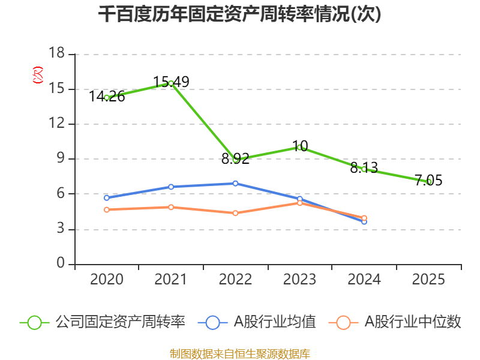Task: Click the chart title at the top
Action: click(x=239, y=14)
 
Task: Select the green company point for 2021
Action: click(x=171, y=83)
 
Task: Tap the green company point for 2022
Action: click(x=236, y=160)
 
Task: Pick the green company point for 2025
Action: click(x=429, y=181)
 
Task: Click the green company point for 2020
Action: click(x=107, y=97)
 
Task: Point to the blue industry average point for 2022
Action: click(x=235, y=184)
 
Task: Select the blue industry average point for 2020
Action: click(x=107, y=197)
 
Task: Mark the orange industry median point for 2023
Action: click(x=300, y=203)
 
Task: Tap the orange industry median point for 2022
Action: click(x=235, y=213)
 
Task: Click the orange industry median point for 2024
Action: click(x=364, y=218)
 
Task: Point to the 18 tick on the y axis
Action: click(x=56, y=54)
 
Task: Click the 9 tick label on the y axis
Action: click(x=61, y=159)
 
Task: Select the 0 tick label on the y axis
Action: click(x=61, y=264)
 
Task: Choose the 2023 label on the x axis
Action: click(x=300, y=280)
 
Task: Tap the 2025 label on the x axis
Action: click(x=429, y=280)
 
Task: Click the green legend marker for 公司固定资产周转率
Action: click(x=34, y=322)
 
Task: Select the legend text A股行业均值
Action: click(x=275, y=322)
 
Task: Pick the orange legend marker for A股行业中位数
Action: click(x=343, y=322)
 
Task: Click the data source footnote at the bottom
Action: click(x=239, y=353)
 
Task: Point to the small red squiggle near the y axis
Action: click(x=38, y=75)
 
